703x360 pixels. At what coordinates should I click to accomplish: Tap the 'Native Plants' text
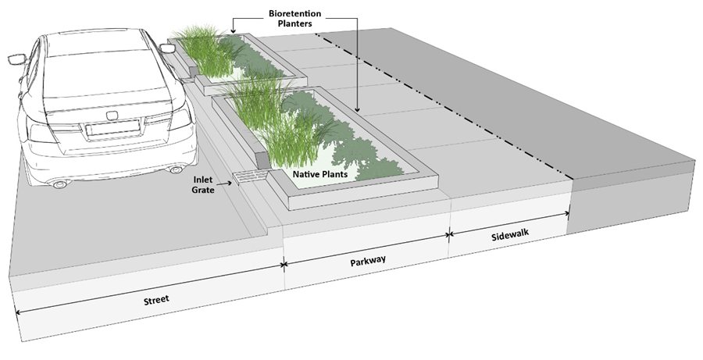(319, 174)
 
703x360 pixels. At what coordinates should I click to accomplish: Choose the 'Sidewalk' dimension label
(510, 236)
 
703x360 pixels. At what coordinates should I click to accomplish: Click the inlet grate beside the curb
(249, 178)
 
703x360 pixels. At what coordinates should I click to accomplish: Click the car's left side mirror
(16, 59)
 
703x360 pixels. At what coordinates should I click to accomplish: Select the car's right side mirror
(168, 48)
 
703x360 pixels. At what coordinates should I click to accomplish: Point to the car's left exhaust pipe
(59, 184)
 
